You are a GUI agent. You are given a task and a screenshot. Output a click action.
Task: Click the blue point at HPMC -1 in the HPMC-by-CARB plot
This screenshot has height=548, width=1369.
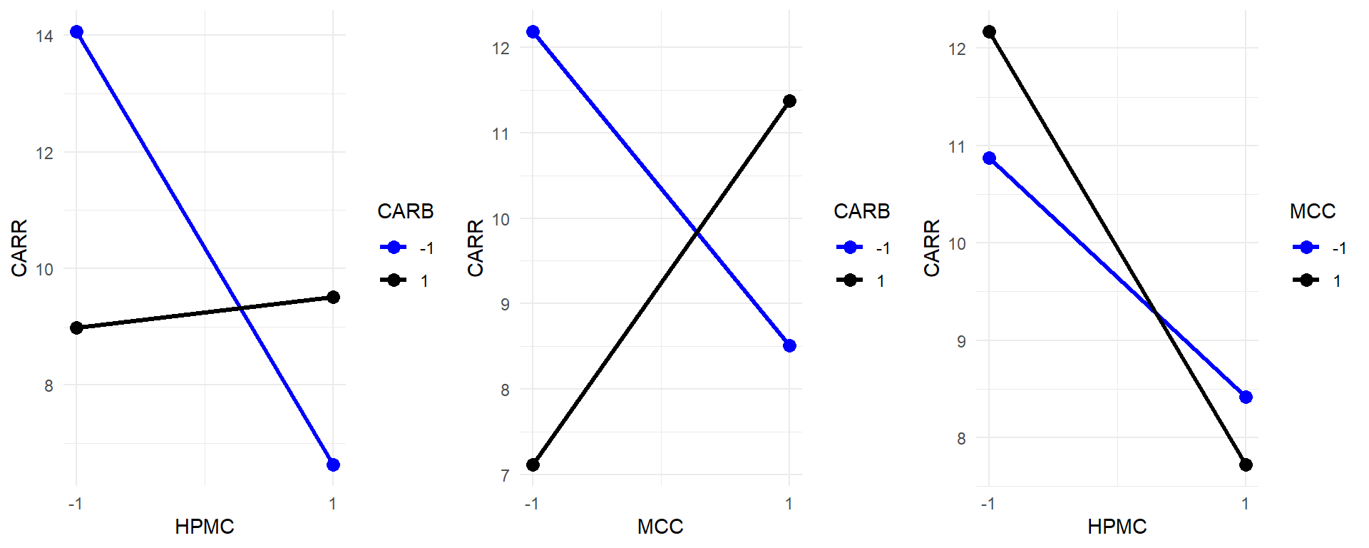coord(76,32)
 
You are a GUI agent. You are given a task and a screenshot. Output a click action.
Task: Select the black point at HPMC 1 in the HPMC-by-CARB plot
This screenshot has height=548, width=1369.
coord(333,297)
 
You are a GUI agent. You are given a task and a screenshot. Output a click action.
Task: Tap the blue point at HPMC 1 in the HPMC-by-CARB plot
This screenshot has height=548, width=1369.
coord(333,465)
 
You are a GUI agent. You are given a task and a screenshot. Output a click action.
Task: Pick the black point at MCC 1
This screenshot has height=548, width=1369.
coord(789,101)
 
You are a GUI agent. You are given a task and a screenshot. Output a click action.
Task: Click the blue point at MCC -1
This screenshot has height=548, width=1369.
coord(533,32)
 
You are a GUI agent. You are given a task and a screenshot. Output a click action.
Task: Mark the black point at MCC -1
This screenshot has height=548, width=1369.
coord(533,465)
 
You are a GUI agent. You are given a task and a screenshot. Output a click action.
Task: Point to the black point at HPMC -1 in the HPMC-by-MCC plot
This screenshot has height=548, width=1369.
coord(989,32)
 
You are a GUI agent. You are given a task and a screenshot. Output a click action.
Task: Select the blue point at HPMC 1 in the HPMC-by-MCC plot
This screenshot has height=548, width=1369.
coord(1246,397)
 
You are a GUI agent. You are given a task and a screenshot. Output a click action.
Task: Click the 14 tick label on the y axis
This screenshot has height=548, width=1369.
coord(44,36)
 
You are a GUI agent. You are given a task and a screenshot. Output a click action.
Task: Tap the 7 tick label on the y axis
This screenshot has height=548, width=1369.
coord(505,476)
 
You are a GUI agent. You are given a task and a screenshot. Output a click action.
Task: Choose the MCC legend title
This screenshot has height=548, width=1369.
coord(1312,211)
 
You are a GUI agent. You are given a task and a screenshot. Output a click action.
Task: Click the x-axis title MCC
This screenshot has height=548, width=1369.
coord(660,527)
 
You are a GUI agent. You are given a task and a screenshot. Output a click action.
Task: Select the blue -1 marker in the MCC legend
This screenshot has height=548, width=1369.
coord(1306,248)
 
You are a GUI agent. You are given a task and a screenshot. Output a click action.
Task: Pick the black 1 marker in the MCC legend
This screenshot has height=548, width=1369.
coord(1306,280)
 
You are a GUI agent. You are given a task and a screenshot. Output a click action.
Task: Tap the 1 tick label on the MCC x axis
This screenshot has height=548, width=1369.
coord(789,504)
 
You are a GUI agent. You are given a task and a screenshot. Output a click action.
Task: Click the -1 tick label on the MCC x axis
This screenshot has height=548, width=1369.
coord(531,504)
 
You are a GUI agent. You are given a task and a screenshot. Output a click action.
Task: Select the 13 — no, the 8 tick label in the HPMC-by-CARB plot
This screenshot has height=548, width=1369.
coord(48,386)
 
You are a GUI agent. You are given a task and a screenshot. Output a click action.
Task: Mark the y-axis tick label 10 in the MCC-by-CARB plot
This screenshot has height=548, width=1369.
coord(501,220)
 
